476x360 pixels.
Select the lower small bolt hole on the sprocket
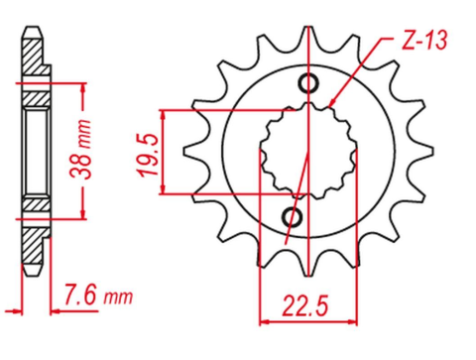294,216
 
